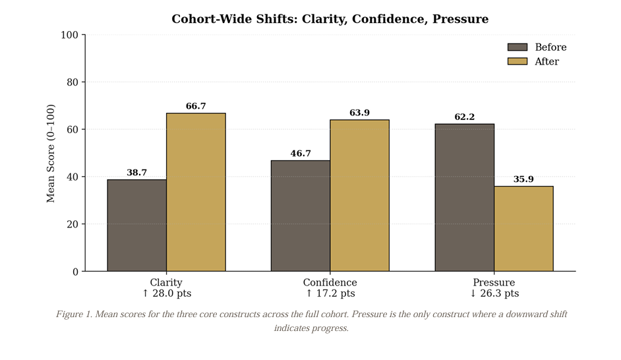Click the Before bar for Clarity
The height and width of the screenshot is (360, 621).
point(136,225)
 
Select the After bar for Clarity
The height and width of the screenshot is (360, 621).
point(196,192)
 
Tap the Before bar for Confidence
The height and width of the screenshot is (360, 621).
point(301,216)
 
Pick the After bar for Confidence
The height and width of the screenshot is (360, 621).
point(359,195)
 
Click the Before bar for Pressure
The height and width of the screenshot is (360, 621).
point(464,197)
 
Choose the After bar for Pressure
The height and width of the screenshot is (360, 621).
point(523,229)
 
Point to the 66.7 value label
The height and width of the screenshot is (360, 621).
point(196,106)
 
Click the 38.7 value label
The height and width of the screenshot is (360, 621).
point(136,173)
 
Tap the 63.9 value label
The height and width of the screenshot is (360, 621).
point(359,113)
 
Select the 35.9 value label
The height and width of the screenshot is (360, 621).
point(523,179)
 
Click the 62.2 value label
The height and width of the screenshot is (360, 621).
point(464,117)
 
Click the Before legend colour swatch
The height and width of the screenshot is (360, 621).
point(517,47)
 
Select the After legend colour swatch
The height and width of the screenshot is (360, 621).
point(517,61)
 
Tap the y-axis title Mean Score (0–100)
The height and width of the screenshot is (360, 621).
point(51,153)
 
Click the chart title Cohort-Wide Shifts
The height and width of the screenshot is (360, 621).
point(330,19)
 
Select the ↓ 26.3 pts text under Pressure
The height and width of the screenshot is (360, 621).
point(494,293)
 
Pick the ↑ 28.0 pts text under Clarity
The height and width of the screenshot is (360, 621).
point(166,293)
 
